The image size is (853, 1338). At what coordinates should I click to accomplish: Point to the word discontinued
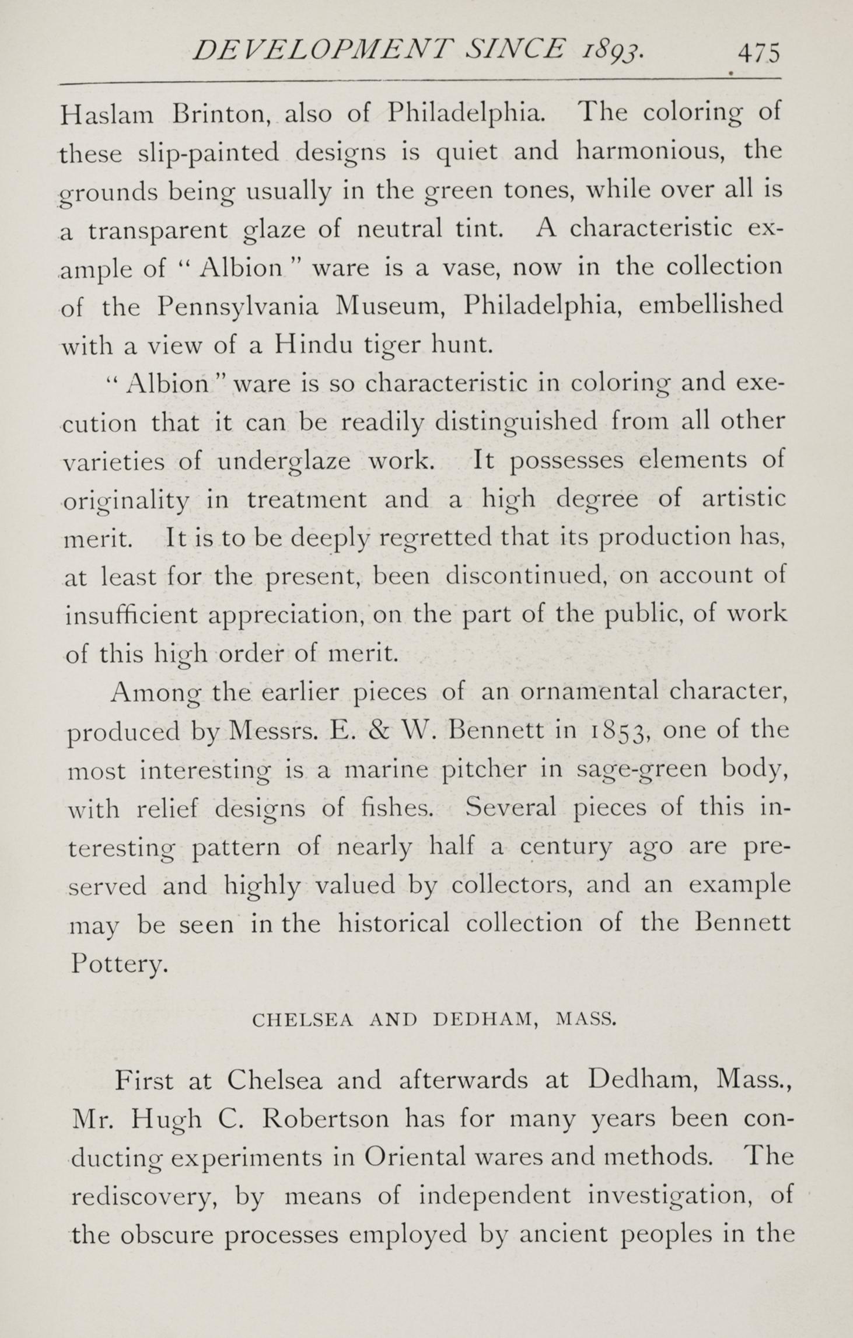pyautogui.click(x=526, y=577)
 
